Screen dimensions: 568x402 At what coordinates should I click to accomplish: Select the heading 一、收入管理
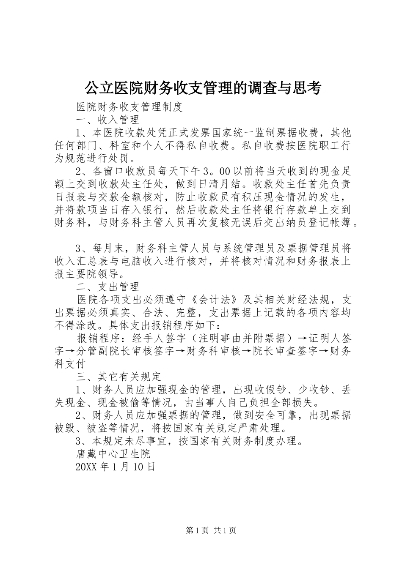pos(108,119)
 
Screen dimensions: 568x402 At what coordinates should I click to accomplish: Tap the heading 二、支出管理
pos(108,287)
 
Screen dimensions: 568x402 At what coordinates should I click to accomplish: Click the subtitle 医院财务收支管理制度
pos(129,106)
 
